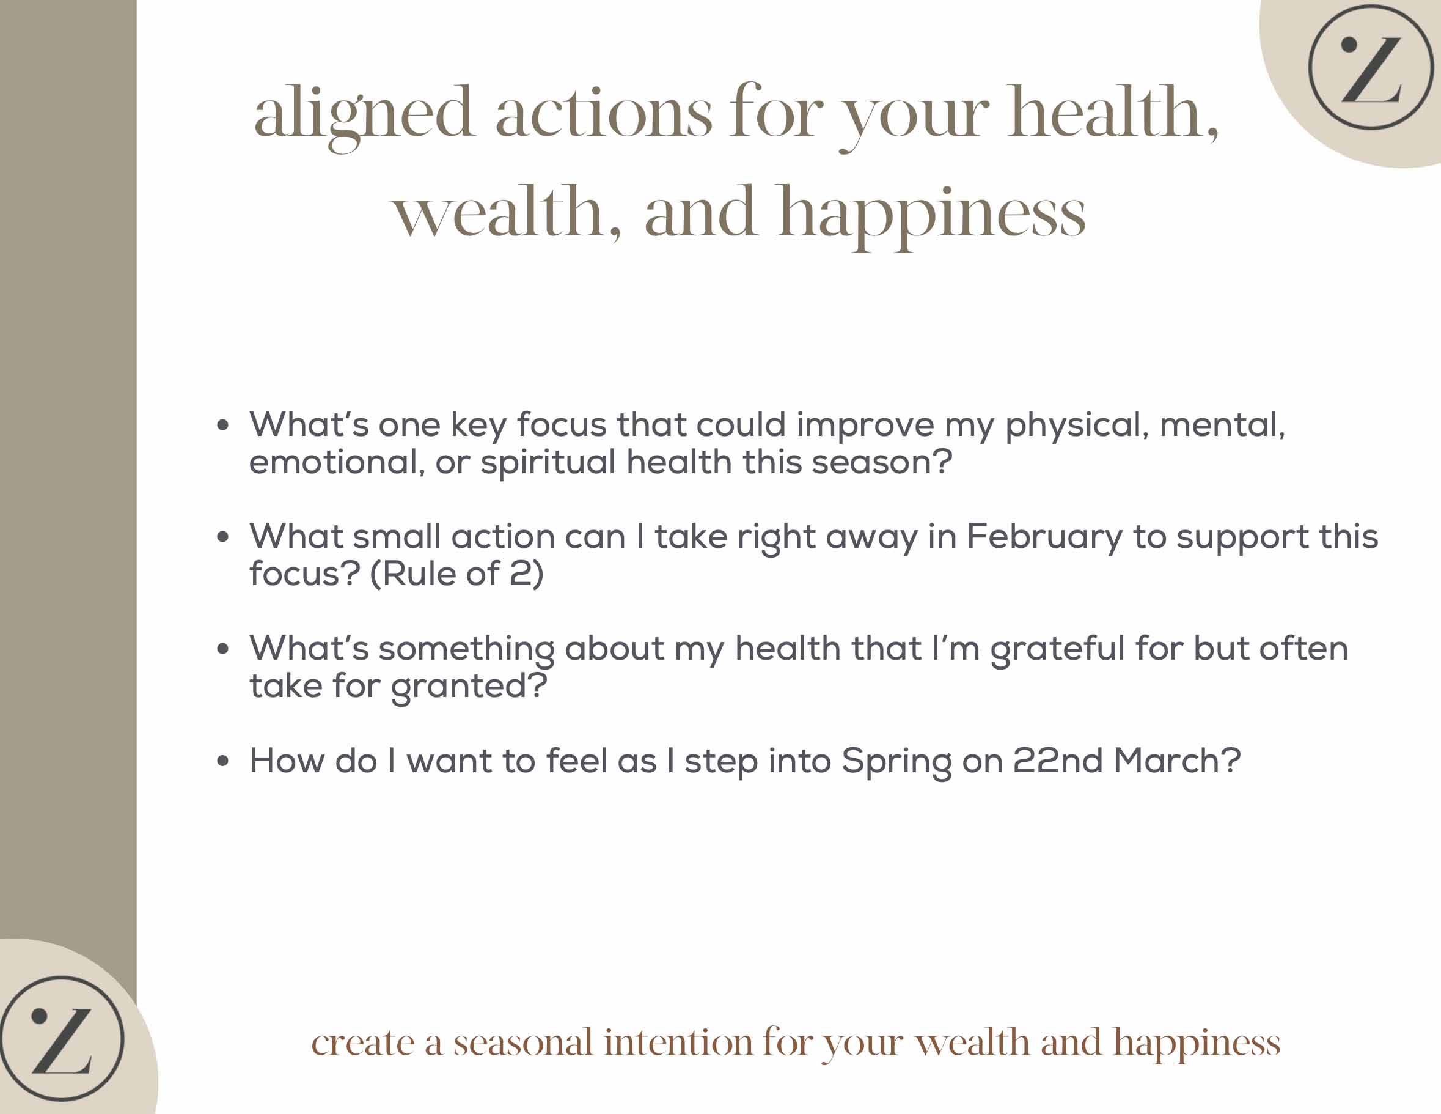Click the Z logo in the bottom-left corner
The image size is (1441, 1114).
pos(61,1038)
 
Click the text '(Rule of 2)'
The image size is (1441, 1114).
pos(457,574)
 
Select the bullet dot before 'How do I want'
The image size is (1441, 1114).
pos(223,761)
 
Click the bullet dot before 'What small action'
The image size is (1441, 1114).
pos(223,537)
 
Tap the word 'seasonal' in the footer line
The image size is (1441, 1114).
pos(523,1044)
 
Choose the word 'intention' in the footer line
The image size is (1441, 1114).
pos(678,1044)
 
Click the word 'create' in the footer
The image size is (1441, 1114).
pos(363,1045)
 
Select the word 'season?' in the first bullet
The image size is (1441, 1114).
pos(882,462)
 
